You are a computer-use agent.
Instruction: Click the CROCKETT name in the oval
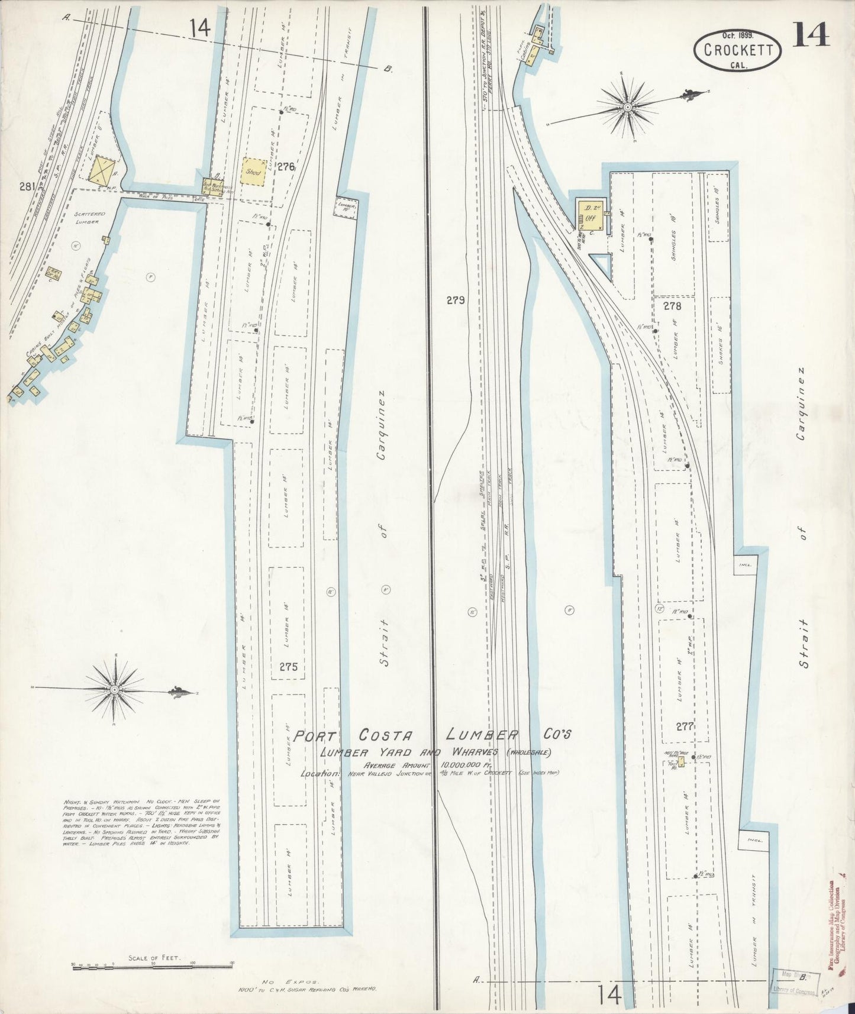738,49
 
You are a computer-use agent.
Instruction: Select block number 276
286,167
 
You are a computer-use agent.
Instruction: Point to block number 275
288,667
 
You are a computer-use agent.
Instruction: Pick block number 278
673,306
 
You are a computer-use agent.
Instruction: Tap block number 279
455,301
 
